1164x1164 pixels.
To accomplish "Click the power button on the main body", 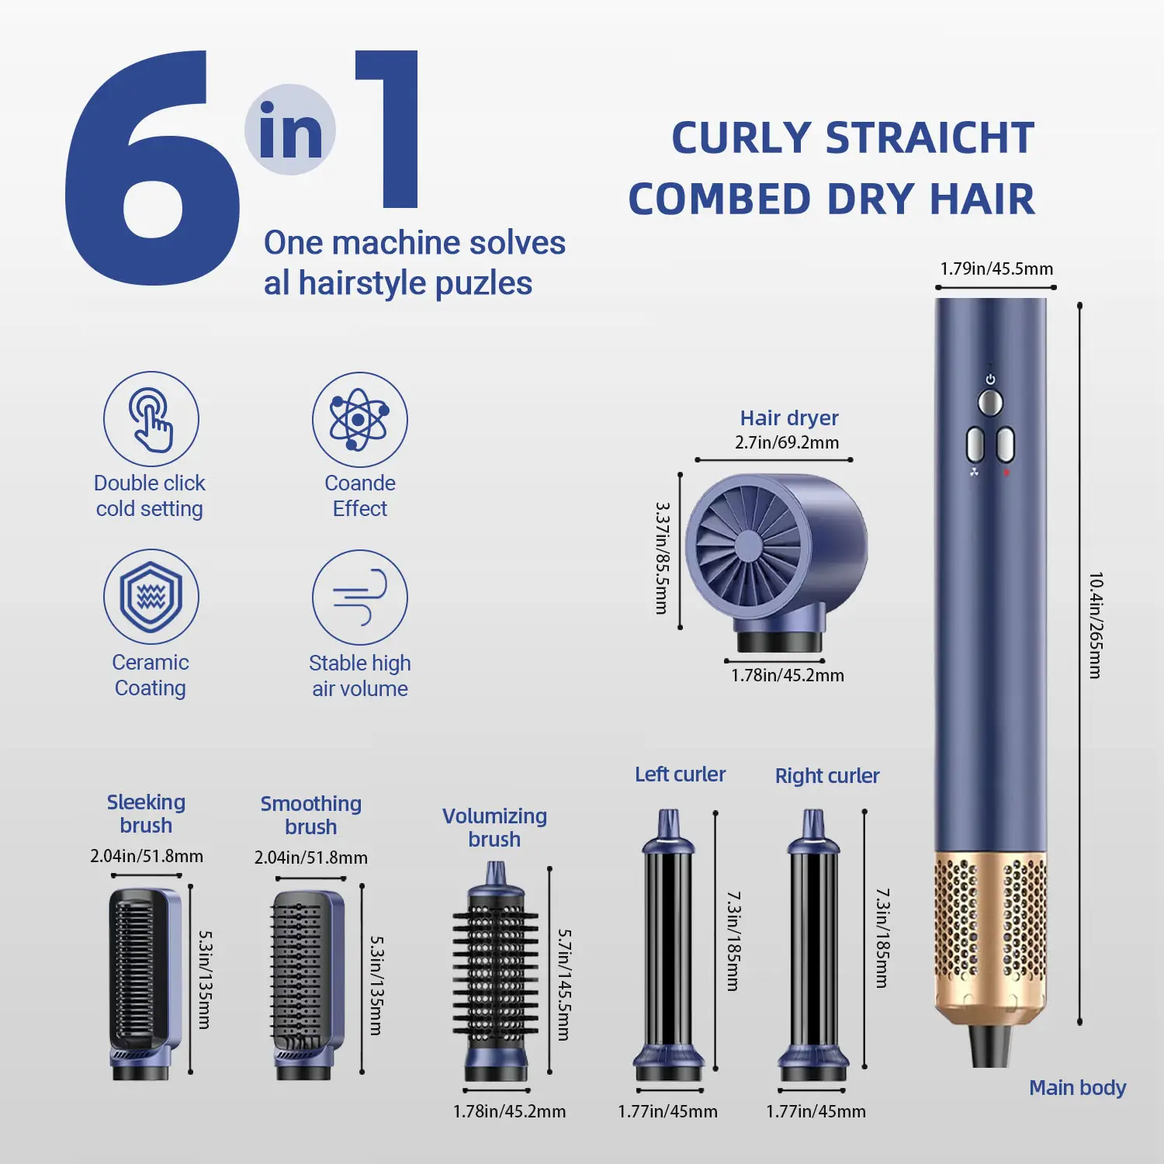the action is [989, 402].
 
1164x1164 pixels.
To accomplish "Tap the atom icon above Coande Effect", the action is [359, 419].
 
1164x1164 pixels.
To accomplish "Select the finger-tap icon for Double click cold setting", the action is [151, 419].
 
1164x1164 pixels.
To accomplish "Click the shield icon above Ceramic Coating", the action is [151, 597].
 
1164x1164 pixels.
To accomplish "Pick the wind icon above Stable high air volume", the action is [359, 598].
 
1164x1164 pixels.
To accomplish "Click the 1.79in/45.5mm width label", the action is [996, 268].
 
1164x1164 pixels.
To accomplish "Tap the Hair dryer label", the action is [789, 418].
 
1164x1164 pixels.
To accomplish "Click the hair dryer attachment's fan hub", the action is [749, 546].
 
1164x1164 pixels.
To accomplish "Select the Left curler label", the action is [680, 774].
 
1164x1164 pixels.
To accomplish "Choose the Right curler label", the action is [827, 776].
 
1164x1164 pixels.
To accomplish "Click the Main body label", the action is [1077, 1088].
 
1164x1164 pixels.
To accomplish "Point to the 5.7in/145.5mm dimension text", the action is [565, 985].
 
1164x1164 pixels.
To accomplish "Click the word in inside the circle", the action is [290, 130].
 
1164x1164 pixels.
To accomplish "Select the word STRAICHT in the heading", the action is [930, 138].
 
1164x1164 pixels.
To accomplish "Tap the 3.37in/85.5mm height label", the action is [662, 558].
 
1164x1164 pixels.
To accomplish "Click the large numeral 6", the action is [151, 167].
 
